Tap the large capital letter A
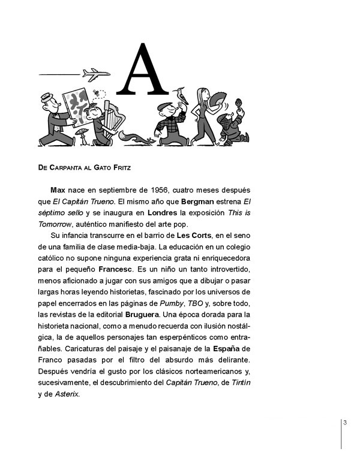coord(142,70)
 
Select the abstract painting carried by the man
coord(76,106)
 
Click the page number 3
coord(345,423)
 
